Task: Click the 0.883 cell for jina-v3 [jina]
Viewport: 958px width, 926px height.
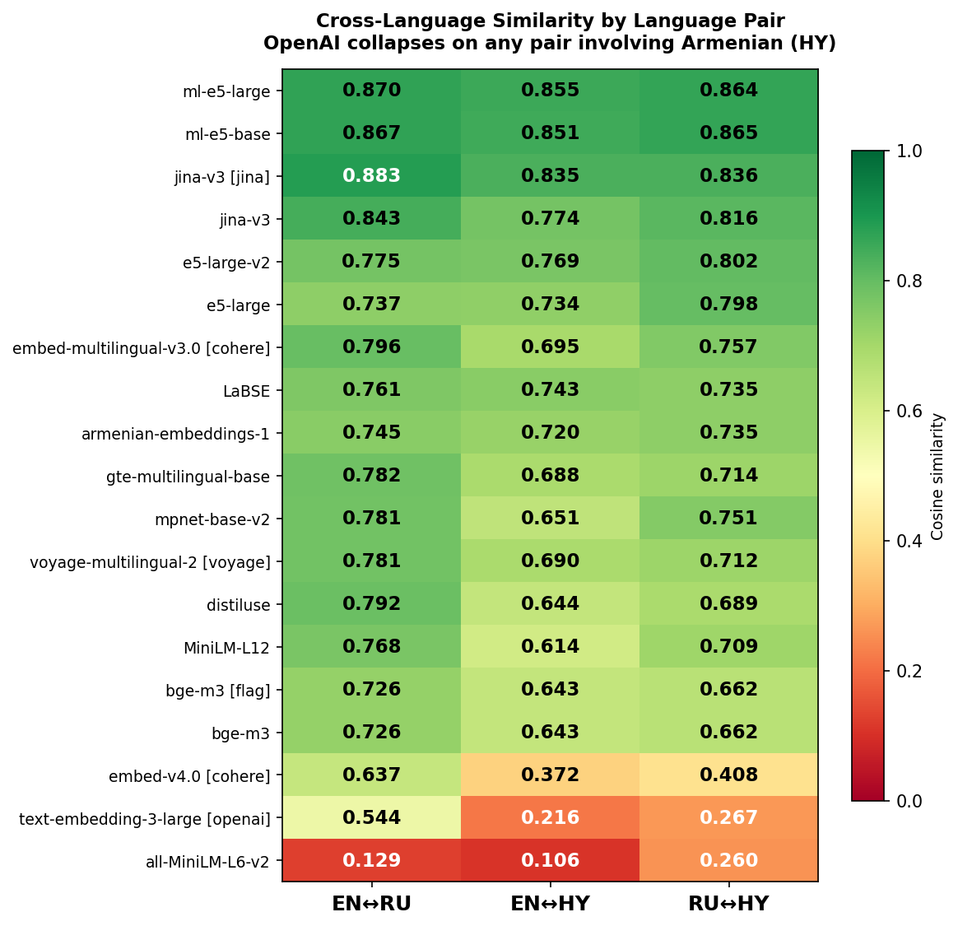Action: [371, 176]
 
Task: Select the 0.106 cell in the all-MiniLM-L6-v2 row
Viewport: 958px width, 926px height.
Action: [550, 861]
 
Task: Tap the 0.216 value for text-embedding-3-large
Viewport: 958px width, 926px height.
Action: [550, 818]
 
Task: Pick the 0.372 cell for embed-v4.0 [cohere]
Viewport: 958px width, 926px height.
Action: [550, 775]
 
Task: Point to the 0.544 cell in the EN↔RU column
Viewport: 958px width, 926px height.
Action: [371, 818]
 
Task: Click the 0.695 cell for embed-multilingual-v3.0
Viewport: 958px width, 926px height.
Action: [550, 347]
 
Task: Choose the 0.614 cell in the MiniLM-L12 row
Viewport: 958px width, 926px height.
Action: [550, 647]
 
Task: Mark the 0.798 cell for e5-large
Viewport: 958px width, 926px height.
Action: [728, 305]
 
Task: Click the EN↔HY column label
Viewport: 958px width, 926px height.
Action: [550, 905]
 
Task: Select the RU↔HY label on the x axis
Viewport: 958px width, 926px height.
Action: [728, 905]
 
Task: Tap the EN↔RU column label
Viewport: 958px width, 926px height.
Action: [371, 905]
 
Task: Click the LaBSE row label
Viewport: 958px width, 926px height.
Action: [246, 392]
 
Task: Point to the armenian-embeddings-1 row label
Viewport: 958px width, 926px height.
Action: [175, 435]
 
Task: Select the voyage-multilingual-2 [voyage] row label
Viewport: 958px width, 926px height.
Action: [150, 563]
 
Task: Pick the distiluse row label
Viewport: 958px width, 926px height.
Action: [238, 606]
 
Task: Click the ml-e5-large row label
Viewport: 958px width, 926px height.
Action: [226, 92]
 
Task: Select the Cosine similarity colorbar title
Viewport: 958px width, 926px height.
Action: [937, 477]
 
